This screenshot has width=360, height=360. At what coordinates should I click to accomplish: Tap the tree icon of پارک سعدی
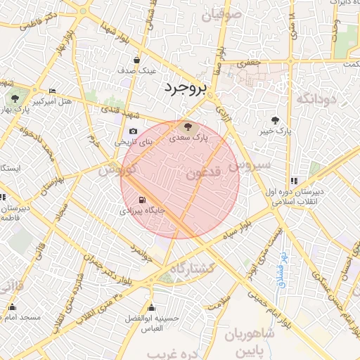coord(187,127)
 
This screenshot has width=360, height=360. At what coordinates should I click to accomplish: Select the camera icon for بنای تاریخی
coord(134,131)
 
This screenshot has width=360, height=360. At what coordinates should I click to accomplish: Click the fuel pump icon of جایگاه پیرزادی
coord(143,200)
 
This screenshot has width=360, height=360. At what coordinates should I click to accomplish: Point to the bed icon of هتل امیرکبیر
coord(53,91)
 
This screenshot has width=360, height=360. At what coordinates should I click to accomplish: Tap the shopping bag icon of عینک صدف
coord(136,60)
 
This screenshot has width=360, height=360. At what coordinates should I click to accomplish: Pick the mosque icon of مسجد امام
coord(11,307)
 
